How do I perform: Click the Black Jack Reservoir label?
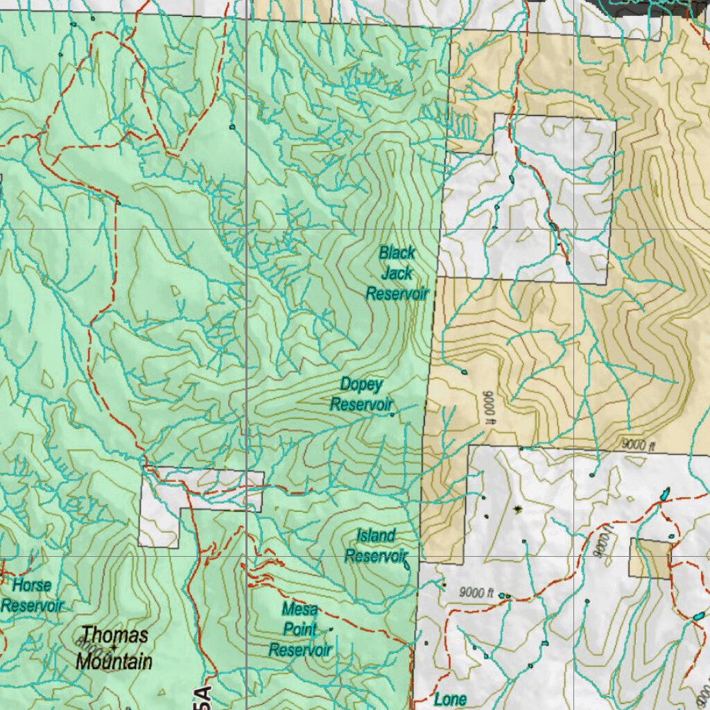tap(397, 273)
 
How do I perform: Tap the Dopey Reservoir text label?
tap(361, 394)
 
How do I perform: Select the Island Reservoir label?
tap(375, 546)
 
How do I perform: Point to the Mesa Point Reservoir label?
tap(300, 630)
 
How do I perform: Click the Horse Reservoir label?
tap(32, 596)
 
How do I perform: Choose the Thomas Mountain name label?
tap(114, 648)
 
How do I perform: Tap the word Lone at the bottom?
tap(449, 699)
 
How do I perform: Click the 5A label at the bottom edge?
tap(202, 696)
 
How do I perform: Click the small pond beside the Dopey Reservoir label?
tap(392, 415)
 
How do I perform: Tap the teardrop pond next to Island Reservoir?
tap(406, 565)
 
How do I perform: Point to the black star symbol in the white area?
tap(517, 510)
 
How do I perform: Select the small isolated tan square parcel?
tap(650, 558)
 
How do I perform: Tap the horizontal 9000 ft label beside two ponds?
tap(476, 594)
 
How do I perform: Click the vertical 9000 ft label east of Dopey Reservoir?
tap(487, 406)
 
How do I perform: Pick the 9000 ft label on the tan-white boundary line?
tap(638, 446)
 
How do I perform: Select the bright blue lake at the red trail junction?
tap(665, 495)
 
